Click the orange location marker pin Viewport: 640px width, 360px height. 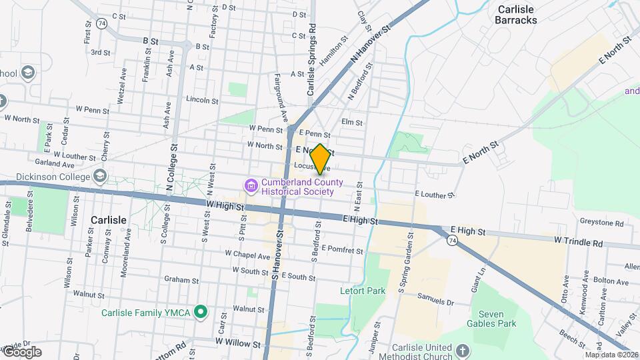(x=320, y=159)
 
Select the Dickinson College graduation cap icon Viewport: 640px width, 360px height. (x=100, y=177)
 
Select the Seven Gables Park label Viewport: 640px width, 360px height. (x=493, y=319)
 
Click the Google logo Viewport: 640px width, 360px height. (x=22, y=351)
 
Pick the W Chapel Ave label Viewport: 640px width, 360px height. (x=247, y=254)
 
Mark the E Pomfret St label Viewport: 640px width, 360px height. (x=342, y=251)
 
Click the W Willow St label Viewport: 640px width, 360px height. (x=237, y=343)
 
